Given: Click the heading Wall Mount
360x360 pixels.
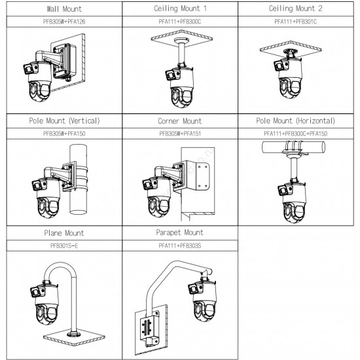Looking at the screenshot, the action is [x=64, y=9].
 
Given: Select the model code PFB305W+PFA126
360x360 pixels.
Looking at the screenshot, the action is [x=64, y=22].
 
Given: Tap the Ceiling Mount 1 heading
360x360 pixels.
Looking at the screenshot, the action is [x=180, y=9].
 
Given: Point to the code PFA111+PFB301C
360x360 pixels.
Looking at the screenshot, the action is [x=295, y=22].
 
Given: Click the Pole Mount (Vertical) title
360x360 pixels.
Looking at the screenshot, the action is [x=64, y=121].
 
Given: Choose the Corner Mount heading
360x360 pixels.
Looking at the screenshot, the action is [x=180, y=121].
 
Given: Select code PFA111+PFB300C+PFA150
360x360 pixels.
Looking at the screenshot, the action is [x=295, y=134].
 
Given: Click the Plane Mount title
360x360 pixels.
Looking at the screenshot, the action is [x=64, y=233].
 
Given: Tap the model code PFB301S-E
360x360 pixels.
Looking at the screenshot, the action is [x=64, y=245].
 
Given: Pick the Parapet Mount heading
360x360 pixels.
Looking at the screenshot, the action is [x=179, y=232].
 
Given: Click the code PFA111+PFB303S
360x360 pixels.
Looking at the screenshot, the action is [x=180, y=245].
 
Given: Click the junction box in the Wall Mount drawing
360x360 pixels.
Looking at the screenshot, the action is [x=64, y=61].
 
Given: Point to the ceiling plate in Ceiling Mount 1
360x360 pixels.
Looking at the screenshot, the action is [x=181, y=38].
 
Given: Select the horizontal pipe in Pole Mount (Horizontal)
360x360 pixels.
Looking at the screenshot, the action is [x=293, y=147].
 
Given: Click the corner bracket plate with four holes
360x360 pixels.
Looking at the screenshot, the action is [x=202, y=176].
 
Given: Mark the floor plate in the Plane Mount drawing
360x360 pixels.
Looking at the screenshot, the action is [x=74, y=337].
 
